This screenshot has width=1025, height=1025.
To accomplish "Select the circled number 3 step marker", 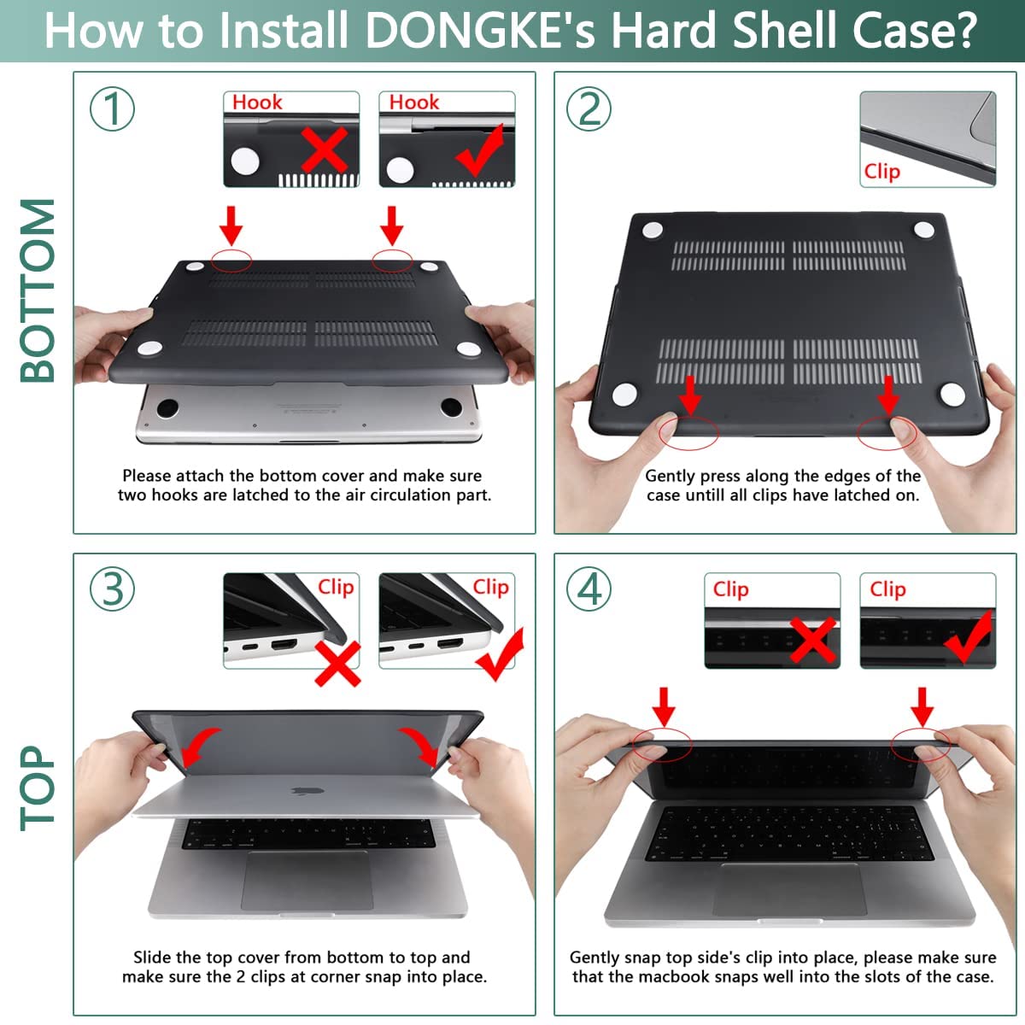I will (x=113, y=589).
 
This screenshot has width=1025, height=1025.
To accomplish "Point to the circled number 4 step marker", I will (x=589, y=589).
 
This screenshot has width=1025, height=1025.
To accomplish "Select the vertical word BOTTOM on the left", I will (x=38, y=290).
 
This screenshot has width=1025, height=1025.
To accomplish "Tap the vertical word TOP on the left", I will (x=38, y=788).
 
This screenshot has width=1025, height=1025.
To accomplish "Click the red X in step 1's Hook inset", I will (x=325, y=150).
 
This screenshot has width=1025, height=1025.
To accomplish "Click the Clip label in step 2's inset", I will (x=881, y=171).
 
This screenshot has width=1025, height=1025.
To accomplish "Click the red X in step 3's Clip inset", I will (x=337, y=664).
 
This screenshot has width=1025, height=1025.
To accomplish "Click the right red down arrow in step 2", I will (x=888, y=395).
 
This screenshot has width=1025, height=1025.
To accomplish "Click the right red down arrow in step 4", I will (x=922, y=706).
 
